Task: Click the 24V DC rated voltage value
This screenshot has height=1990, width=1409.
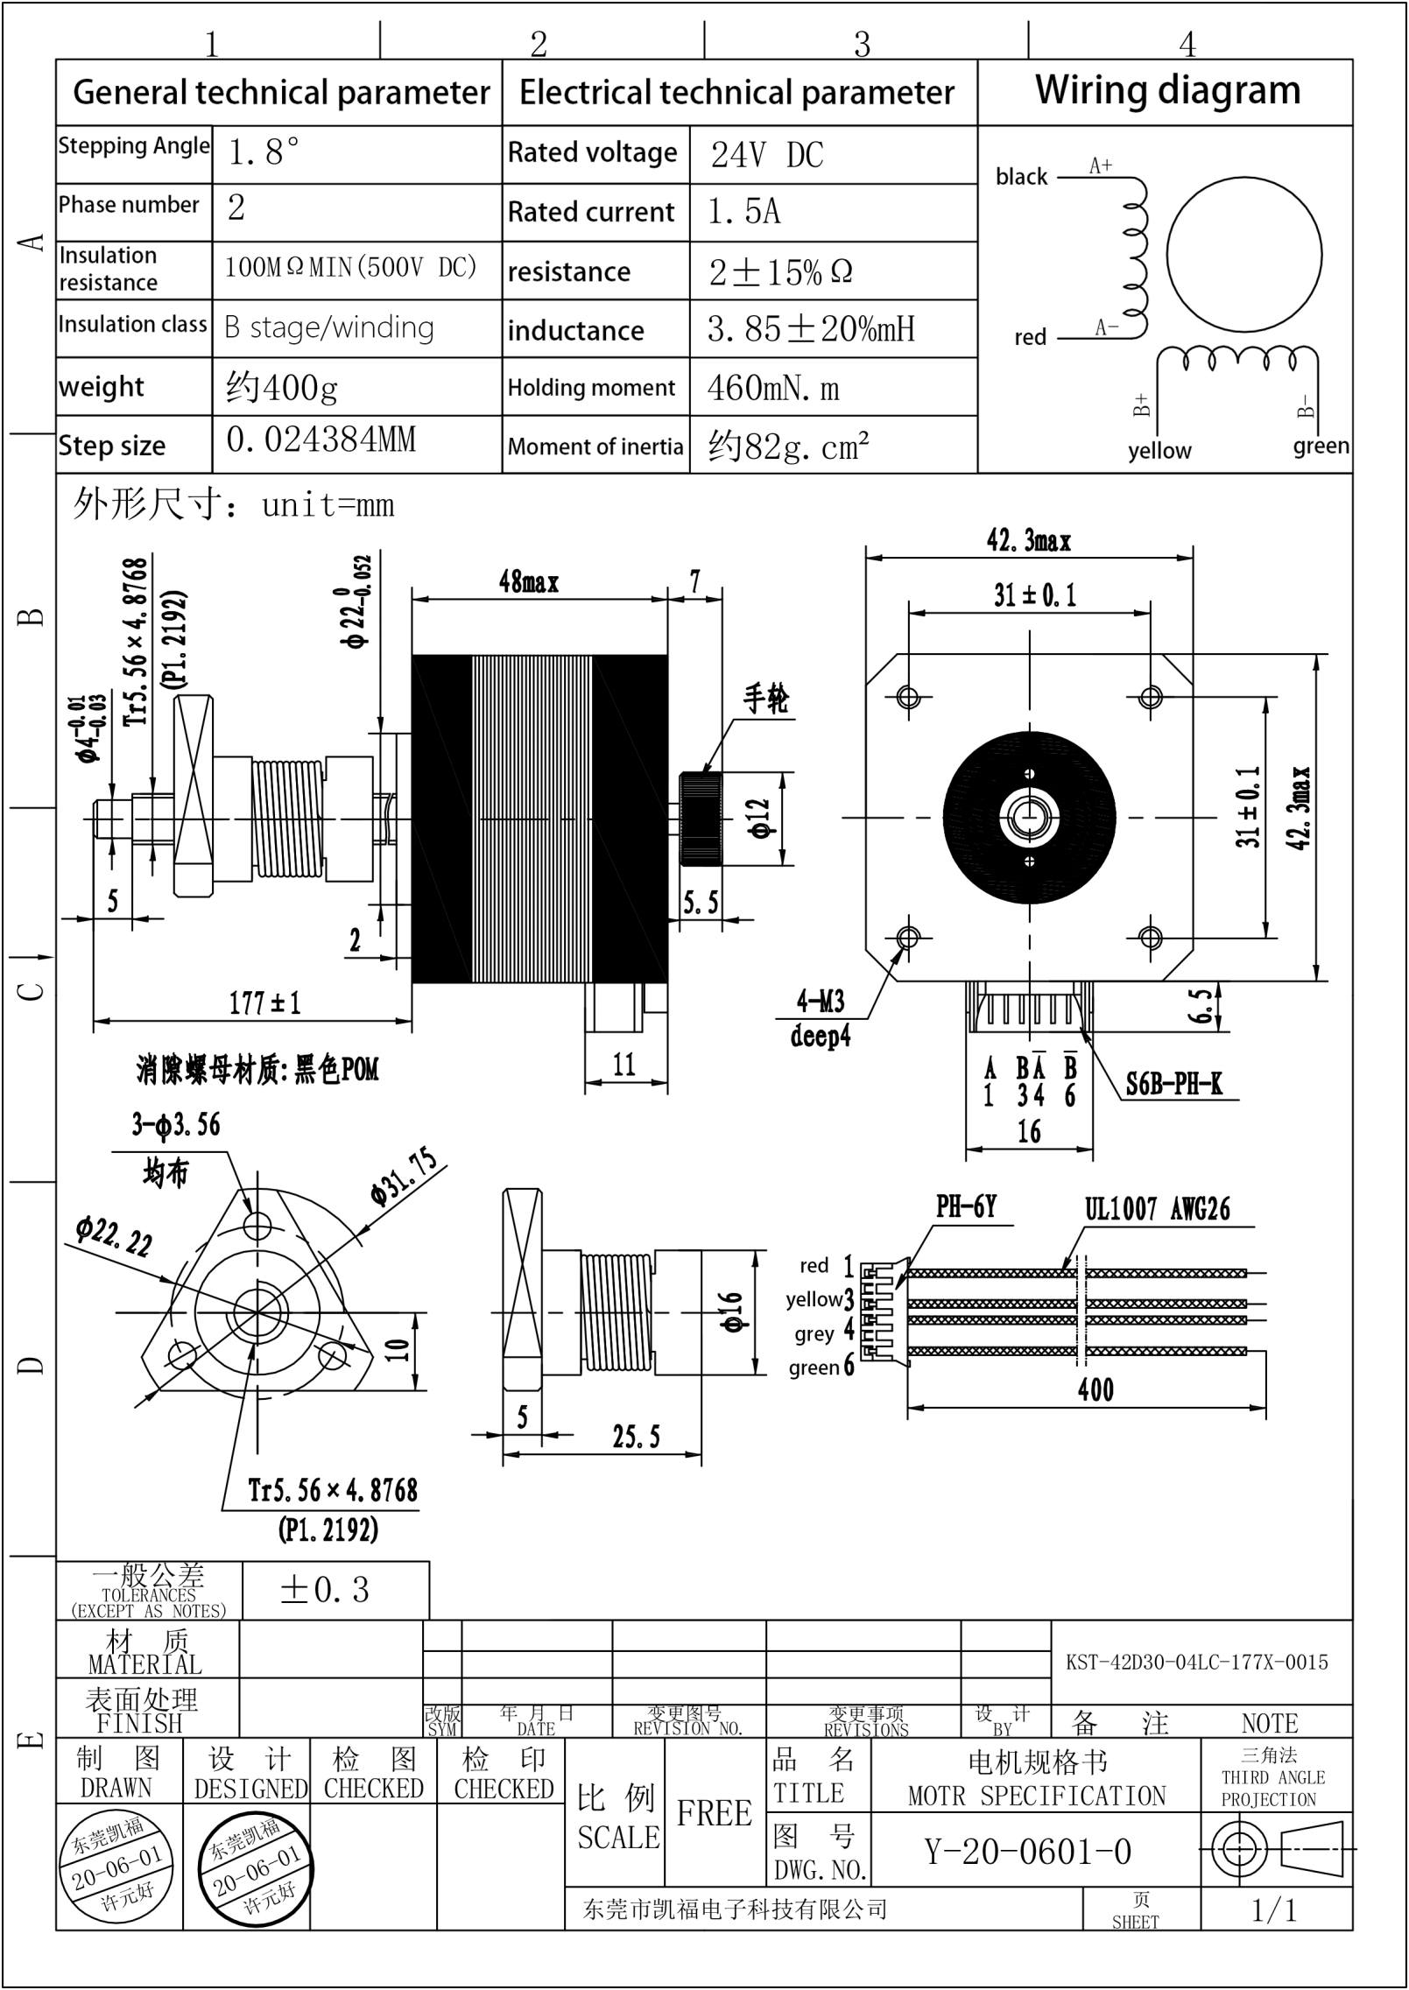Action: pos(766,155)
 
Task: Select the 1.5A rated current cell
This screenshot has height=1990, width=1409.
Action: pos(743,212)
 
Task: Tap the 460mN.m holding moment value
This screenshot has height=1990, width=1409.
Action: pos(772,388)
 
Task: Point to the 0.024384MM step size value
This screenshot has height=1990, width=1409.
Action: pos(321,439)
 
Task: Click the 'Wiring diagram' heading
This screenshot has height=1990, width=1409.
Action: pos(1166,91)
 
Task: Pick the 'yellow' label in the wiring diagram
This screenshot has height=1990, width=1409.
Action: pos(1159,451)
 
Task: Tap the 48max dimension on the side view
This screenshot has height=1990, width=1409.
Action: pos(528,581)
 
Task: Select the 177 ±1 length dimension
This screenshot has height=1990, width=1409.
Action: pos(264,1002)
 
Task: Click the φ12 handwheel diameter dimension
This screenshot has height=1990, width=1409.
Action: pos(760,819)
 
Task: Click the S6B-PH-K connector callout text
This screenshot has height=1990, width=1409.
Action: pos(1173,1085)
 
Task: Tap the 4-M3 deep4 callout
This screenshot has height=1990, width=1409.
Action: pos(820,1018)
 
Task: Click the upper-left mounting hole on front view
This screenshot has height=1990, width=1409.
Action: pos(908,697)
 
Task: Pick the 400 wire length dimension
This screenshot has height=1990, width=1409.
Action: pos(1095,1389)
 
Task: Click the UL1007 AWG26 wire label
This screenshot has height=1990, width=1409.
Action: pos(1157,1209)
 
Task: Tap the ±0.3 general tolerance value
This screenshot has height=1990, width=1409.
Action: pos(324,1590)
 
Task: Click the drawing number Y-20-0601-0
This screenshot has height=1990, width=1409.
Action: pos(1028,1852)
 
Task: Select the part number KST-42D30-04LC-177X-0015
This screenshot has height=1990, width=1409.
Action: pos(1196,1662)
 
